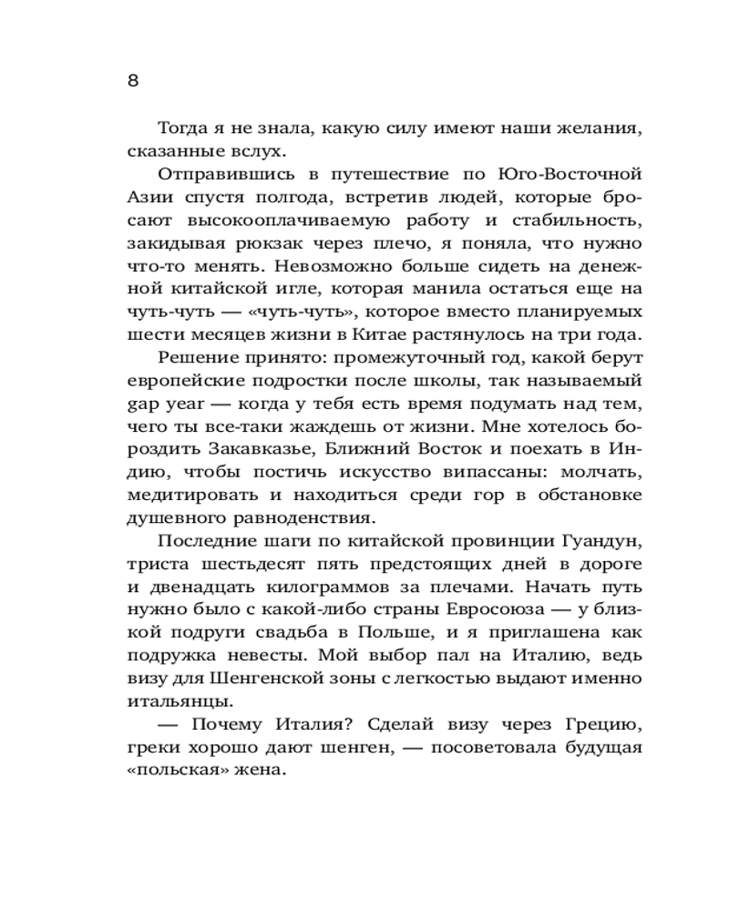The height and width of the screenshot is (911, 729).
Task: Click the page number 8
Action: pos(132,81)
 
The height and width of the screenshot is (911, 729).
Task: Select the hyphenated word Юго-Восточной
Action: pos(572,175)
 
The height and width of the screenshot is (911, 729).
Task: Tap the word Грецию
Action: pos(601,726)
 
